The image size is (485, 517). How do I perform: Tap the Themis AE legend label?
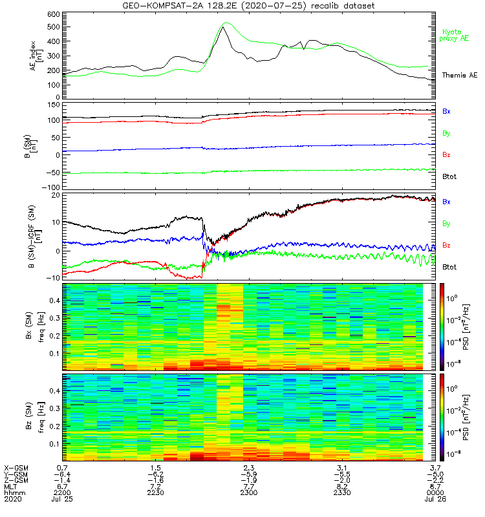pos(459,76)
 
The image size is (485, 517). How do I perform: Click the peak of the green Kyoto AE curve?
pos(224,23)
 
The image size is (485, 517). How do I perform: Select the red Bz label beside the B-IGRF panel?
pos(447,246)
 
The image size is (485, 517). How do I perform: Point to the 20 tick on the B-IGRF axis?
pos(56,195)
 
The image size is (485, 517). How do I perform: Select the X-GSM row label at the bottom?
pos(15,467)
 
